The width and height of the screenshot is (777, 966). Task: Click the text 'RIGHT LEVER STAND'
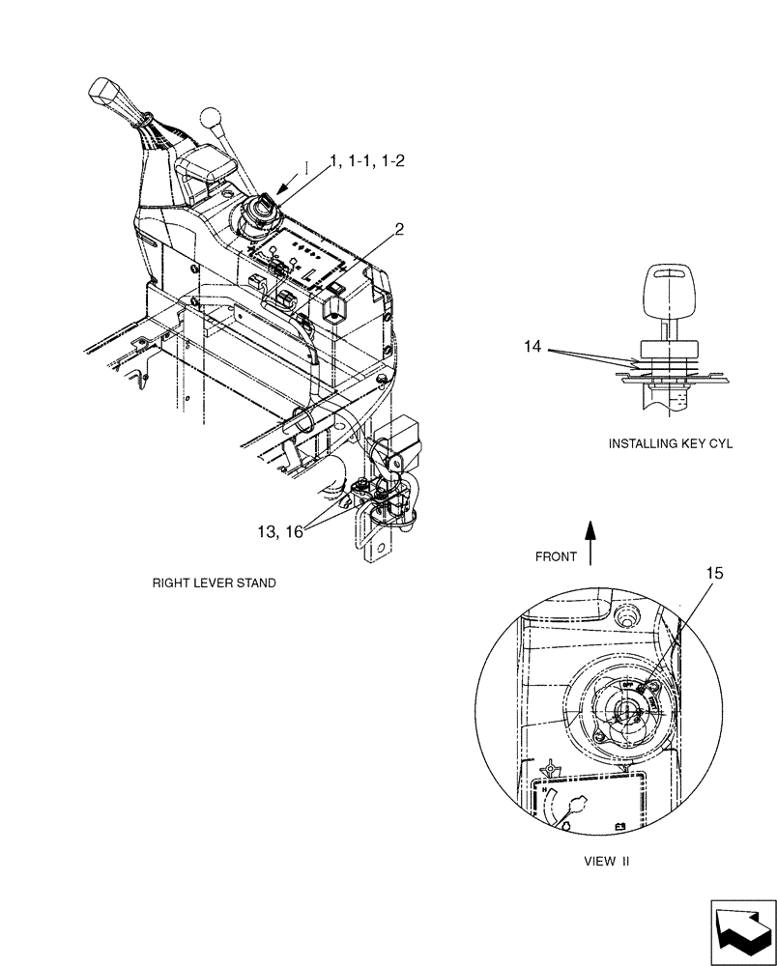point(214,583)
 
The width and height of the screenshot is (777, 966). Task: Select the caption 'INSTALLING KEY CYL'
point(671,444)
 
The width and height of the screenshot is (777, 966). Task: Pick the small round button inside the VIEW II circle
point(622,615)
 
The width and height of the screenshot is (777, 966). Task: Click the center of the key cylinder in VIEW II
point(625,712)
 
